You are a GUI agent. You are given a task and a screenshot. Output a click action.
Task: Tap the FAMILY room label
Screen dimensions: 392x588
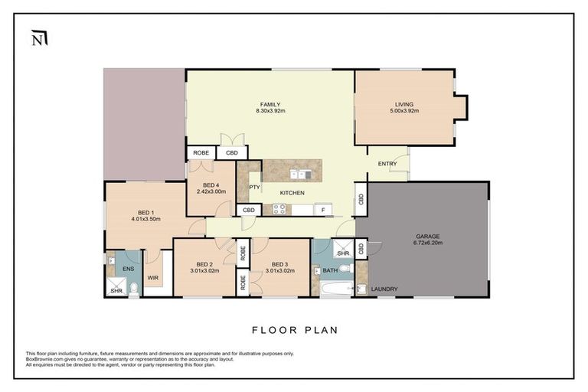pos(269,104)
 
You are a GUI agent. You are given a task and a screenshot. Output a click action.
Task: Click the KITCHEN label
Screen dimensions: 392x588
pos(292,192)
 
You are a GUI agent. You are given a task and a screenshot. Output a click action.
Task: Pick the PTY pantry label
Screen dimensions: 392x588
pos(254,186)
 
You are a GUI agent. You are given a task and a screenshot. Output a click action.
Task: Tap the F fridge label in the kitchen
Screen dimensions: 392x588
pos(323,209)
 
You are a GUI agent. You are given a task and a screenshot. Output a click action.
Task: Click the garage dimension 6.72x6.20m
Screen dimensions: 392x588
pos(427,243)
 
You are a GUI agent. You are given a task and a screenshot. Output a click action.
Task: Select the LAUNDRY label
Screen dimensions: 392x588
pos(383,289)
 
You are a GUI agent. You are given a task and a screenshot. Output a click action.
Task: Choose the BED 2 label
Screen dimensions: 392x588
pos(204,263)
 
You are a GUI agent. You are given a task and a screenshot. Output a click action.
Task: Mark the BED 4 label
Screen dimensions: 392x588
pos(211,185)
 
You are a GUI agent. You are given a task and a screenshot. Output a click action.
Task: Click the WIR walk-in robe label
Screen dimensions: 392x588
pos(152,277)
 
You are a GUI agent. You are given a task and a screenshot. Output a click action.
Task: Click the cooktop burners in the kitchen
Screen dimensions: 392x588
pos(276,209)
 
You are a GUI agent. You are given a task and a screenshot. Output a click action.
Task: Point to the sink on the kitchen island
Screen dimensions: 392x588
pos(298,174)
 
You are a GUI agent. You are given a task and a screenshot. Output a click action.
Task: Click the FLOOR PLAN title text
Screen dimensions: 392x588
pos(294,331)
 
